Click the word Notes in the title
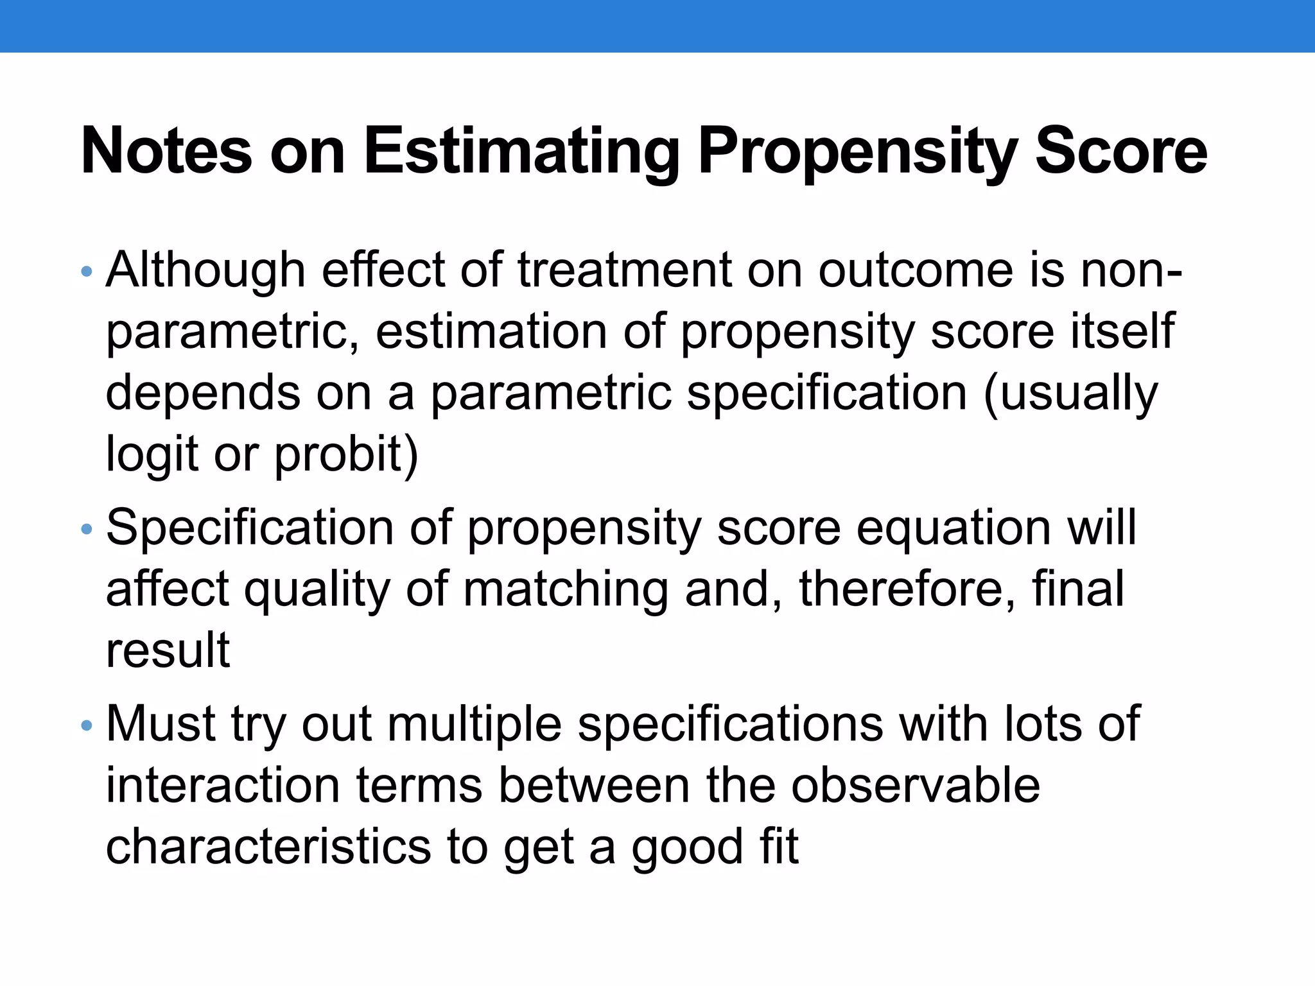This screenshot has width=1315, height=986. (x=166, y=151)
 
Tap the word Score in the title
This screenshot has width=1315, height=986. (x=1121, y=151)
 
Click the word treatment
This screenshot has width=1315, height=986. (x=624, y=270)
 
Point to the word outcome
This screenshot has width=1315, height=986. (x=916, y=270)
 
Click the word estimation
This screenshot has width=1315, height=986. (x=491, y=332)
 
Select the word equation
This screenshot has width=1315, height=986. (x=954, y=528)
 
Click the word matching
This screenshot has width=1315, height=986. (x=566, y=590)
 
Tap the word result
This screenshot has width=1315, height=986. (x=168, y=650)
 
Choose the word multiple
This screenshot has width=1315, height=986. (x=475, y=725)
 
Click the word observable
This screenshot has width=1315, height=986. (x=915, y=786)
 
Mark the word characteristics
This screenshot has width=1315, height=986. (x=268, y=847)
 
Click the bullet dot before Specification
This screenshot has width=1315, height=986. (x=87, y=530)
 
